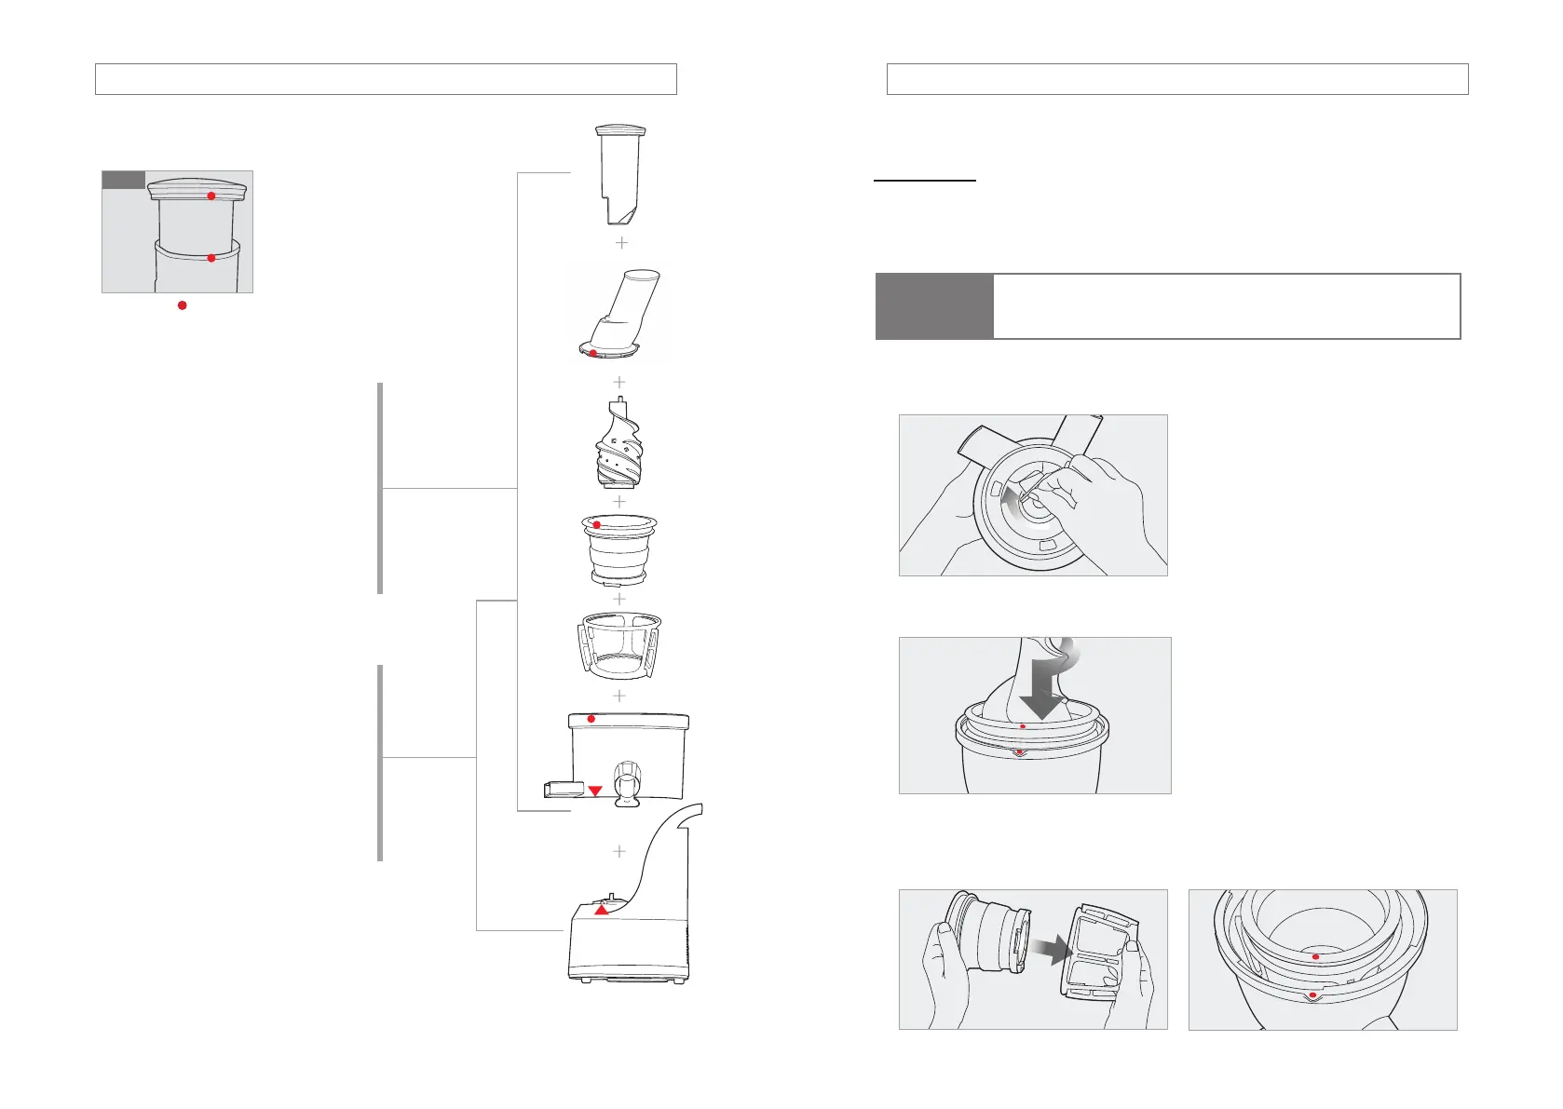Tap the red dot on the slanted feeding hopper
point(592,353)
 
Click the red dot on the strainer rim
point(597,525)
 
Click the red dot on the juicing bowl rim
point(591,719)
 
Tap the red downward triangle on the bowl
point(595,791)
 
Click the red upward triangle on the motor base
point(602,910)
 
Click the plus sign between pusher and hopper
point(622,243)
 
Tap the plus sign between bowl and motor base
point(619,851)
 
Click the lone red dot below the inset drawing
point(183,305)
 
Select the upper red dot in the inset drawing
point(211,196)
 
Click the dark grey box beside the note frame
point(934,306)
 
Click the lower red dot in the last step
point(1312,995)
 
